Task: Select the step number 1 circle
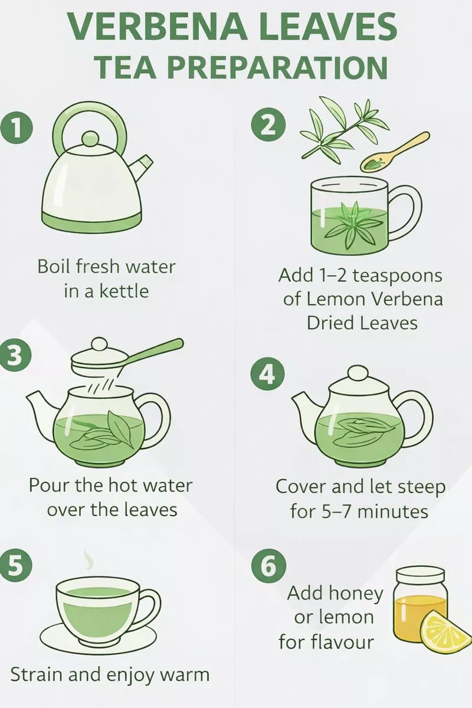(x=17, y=129)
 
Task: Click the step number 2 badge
(x=268, y=127)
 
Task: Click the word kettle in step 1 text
(x=124, y=291)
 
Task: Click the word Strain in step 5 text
(x=37, y=674)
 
